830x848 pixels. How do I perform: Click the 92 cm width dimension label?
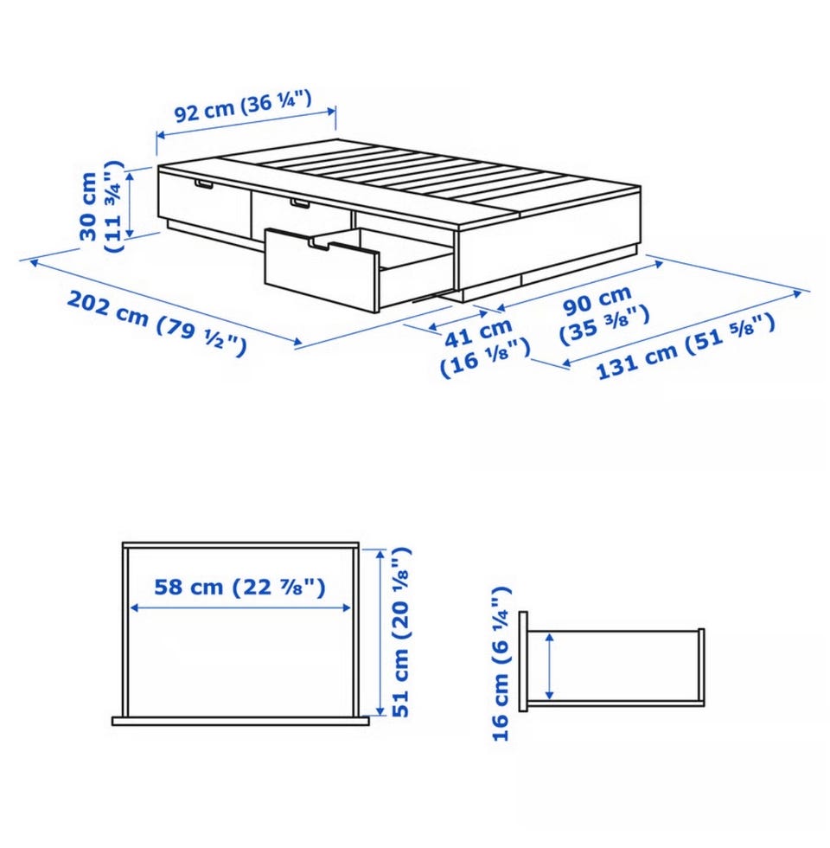pyautogui.click(x=243, y=106)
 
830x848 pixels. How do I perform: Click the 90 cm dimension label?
pyautogui.click(x=603, y=314)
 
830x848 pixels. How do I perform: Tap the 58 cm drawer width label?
pyautogui.click(x=240, y=587)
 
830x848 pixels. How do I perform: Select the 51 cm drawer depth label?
pyautogui.click(x=401, y=633)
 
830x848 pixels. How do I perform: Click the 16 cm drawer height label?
pyautogui.click(x=501, y=663)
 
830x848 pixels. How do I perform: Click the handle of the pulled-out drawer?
pyautogui.click(x=319, y=246)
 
